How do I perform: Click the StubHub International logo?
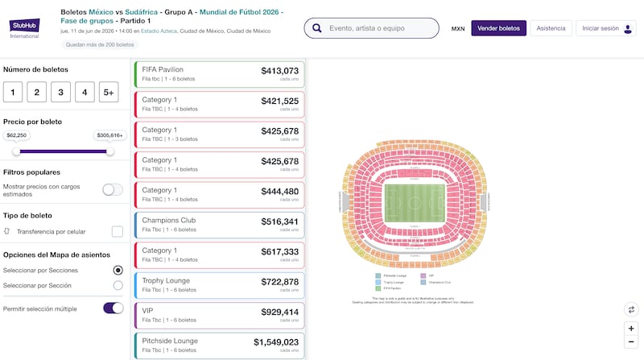[24, 28]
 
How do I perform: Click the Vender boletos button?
[498, 28]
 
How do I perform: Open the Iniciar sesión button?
[605, 28]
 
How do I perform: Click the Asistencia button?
[551, 28]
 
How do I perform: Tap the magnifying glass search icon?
[317, 28]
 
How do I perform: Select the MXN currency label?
[458, 28]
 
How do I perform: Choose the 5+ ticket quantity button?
[109, 92]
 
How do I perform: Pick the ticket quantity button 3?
[61, 92]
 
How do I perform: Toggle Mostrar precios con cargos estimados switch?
[113, 190]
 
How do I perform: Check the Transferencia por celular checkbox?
[118, 232]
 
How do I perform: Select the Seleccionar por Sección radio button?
[118, 285]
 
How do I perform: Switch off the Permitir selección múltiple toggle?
[113, 308]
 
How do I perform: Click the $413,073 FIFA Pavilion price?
[279, 71]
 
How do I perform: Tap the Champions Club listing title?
[164, 220]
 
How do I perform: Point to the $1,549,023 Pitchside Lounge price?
[276, 342]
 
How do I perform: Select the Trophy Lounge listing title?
[166, 280]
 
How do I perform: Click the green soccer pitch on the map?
[413, 203]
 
